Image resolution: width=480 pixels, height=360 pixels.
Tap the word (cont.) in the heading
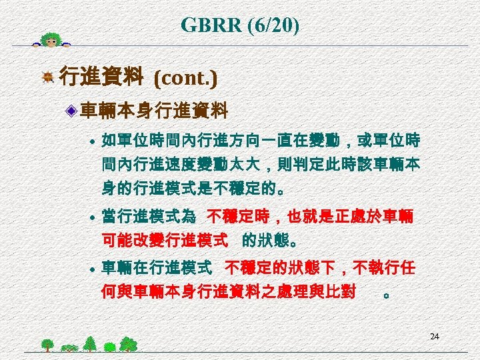coord(185,79)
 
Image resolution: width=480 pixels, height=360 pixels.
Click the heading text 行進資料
coord(101,79)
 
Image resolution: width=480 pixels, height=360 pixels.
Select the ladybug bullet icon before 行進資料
coord(48,79)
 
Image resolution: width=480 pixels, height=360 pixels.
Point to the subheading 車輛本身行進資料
coord(154,109)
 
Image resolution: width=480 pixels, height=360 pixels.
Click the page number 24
coord(434,337)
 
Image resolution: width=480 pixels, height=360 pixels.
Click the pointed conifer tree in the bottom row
coord(90,343)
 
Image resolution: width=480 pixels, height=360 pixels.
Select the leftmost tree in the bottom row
coord(47,345)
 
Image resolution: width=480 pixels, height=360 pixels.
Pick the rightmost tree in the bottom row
coord(129,344)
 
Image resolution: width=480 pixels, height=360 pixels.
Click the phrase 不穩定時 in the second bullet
coord(237,216)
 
